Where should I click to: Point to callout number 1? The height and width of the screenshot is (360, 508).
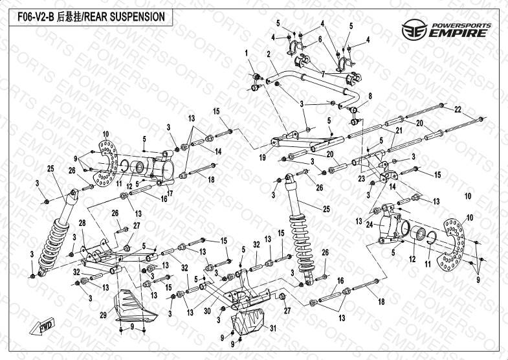[247, 52]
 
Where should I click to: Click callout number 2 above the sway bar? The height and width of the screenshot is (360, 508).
[267, 54]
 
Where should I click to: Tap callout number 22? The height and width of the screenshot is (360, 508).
[457, 109]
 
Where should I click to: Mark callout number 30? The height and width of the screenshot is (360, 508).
[208, 311]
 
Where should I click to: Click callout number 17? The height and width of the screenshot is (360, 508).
[170, 192]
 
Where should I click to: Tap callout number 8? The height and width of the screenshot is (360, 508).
[370, 96]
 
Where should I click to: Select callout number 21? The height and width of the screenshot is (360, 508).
[399, 130]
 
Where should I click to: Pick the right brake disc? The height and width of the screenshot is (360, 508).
[456, 243]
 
